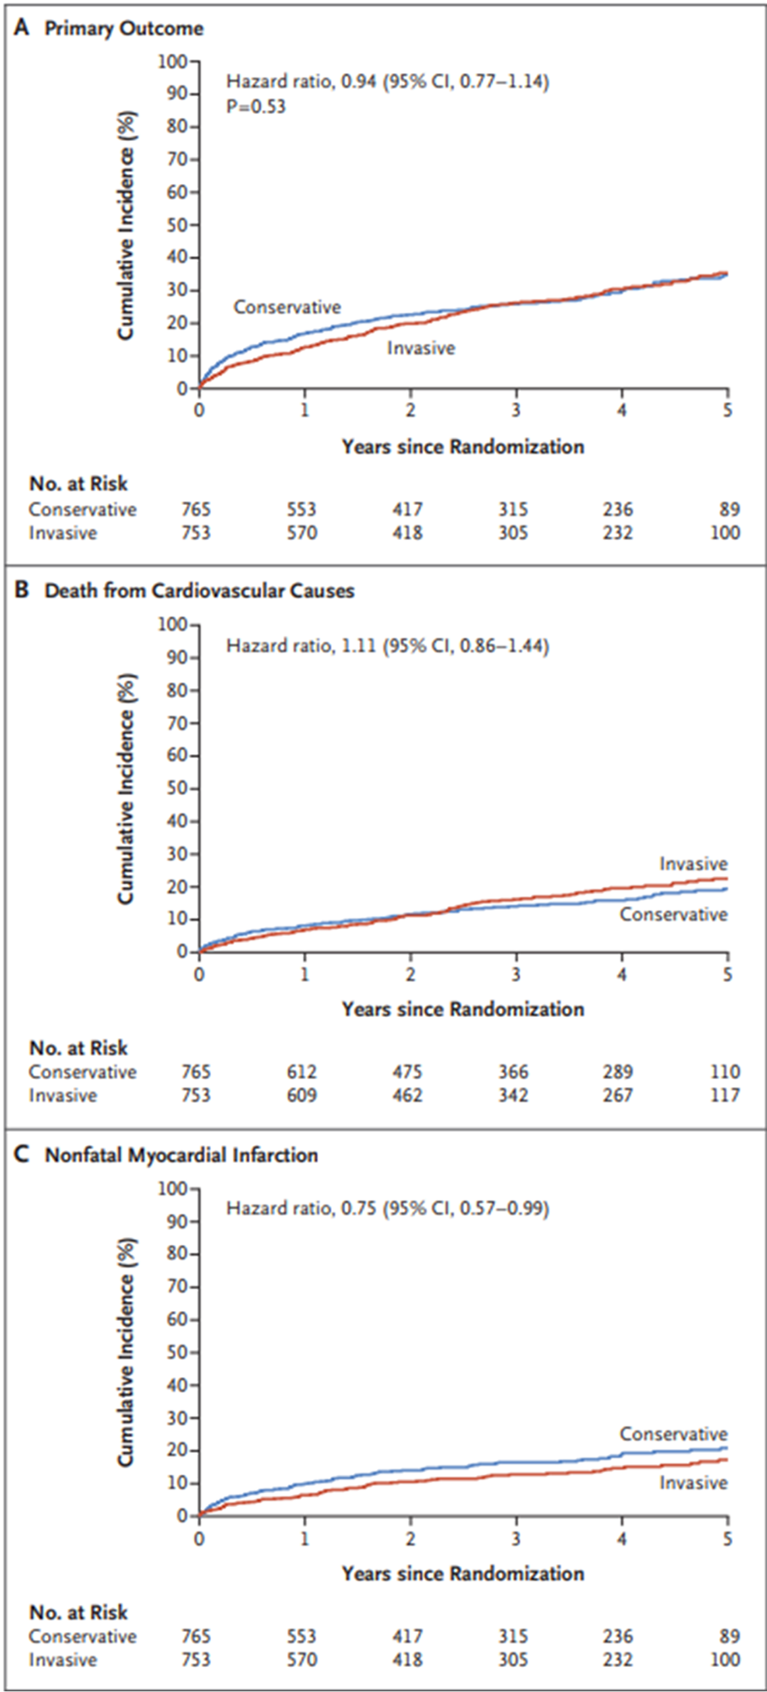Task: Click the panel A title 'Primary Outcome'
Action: pyautogui.click(x=124, y=28)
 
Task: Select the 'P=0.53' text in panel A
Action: pyautogui.click(x=256, y=107)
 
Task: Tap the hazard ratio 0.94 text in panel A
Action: pyautogui.click(x=387, y=81)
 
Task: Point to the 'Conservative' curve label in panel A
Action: pyautogui.click(x=287, y=307)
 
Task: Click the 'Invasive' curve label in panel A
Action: pyautogui.click(x=420, y=348)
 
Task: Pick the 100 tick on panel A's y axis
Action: pyautogui.click(x=173, y=62)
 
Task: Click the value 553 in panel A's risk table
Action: pyautogui.click(x=302, y=510)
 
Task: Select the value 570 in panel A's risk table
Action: pyautogui.click(x=302, y=533)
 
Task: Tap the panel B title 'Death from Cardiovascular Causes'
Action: pyautogui.click(x=199, y=591)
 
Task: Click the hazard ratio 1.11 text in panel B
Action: pyautogui.click(x=387, y=645)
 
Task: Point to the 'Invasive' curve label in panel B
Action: pyautogui.click(x=693, y=863)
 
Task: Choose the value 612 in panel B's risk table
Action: pyautogui.click(x=302, y=1072)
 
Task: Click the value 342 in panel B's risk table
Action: pyautogui.click(x=513, y=1095)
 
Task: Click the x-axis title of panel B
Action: pyautogui.click(x=463, y=1009)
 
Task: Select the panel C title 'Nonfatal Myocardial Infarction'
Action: pyautogui.click(x=181, y=1155)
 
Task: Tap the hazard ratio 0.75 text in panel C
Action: pyautogui.click(x=387, y=1208)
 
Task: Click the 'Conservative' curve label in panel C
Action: pyautogui.click(x=673, y=1434)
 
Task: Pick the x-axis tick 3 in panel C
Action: pyautogui.click(x=516, y=1540)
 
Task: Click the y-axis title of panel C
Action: pyautogui.click(x=127, y=1352)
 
